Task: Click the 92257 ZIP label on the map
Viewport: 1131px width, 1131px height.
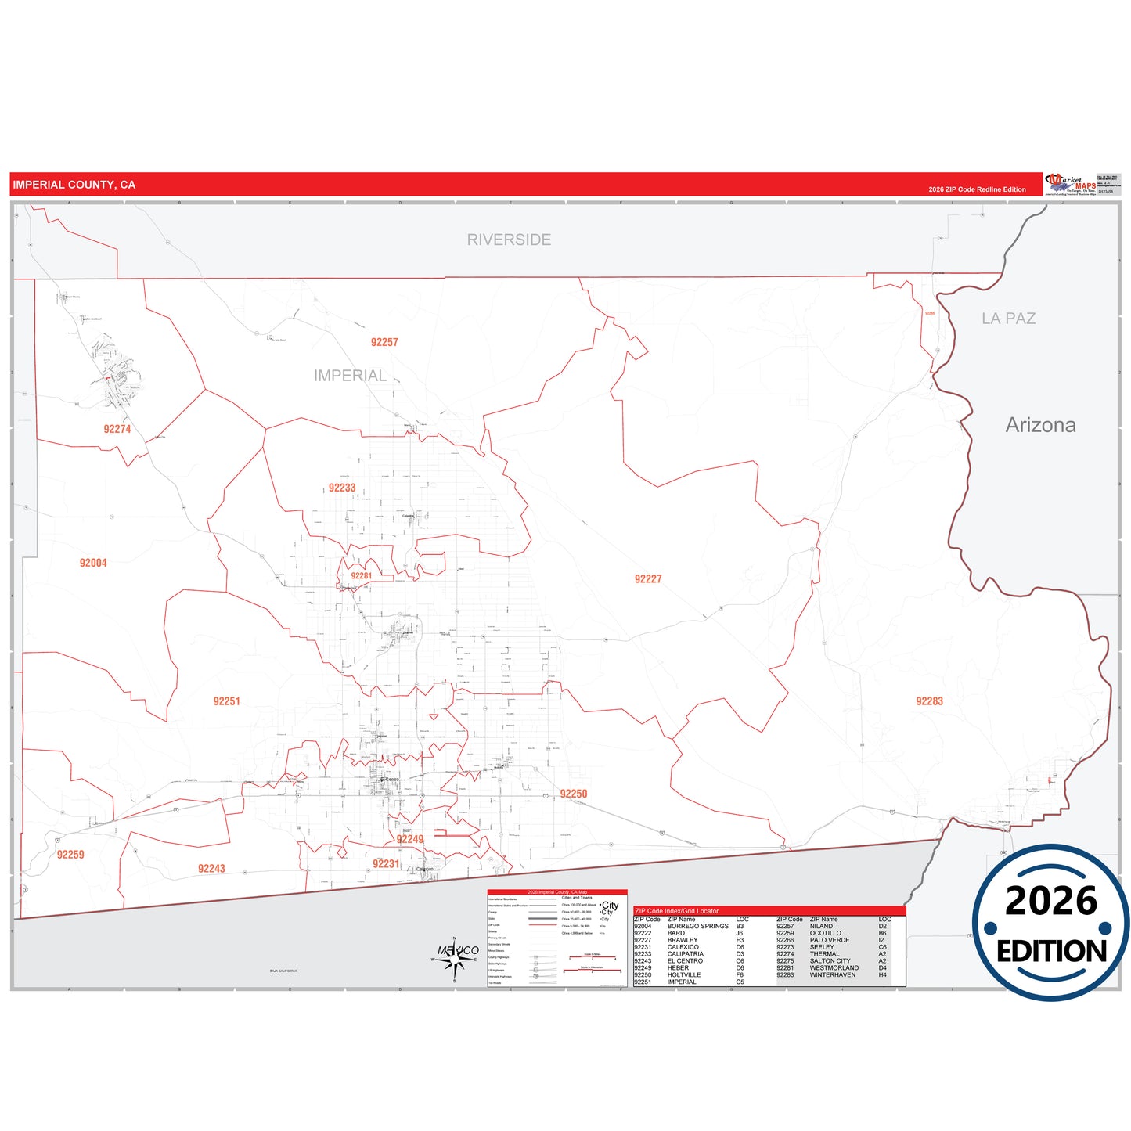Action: click(384, 342)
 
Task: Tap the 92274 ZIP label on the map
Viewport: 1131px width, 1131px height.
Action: click(117, 429)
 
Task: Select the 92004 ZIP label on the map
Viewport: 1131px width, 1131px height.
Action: click(93, 563)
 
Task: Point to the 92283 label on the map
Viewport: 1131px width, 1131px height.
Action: click(929, 701)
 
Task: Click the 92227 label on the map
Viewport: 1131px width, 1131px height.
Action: click(648, 579)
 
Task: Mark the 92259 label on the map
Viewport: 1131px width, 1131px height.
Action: click(70, 855)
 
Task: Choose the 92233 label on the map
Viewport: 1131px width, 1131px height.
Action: click(342, 488)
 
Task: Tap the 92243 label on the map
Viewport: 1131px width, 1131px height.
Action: click(211, 869)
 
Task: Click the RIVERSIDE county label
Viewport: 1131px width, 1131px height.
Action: click(509, 240)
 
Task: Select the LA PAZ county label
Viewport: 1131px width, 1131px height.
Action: click(1008, 319)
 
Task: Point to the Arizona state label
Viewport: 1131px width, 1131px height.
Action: click(1040, 425)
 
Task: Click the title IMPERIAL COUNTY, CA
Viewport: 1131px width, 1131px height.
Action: click(74, 185)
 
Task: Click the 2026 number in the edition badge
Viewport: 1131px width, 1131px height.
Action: click(1050, 901)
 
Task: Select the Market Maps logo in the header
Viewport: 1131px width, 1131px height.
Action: click(1071, 185)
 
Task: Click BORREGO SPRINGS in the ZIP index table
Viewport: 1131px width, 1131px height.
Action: click(697, 926)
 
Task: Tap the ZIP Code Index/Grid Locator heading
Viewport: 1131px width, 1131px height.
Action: click(676, 911)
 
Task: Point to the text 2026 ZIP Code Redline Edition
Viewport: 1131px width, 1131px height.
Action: click(977, 189)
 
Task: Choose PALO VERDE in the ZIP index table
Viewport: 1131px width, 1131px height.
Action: click(829, 940)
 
